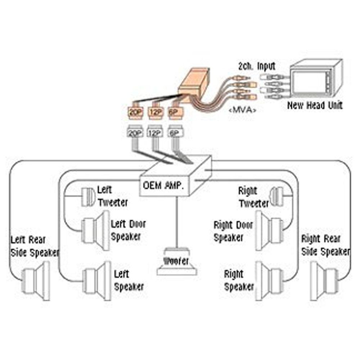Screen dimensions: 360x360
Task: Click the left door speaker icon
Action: coord(95,231)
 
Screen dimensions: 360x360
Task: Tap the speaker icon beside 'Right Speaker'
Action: coord(269,281)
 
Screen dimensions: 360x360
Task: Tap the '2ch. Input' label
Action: coord(257,66)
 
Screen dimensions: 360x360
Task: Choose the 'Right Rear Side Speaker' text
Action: coord(325,245)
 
